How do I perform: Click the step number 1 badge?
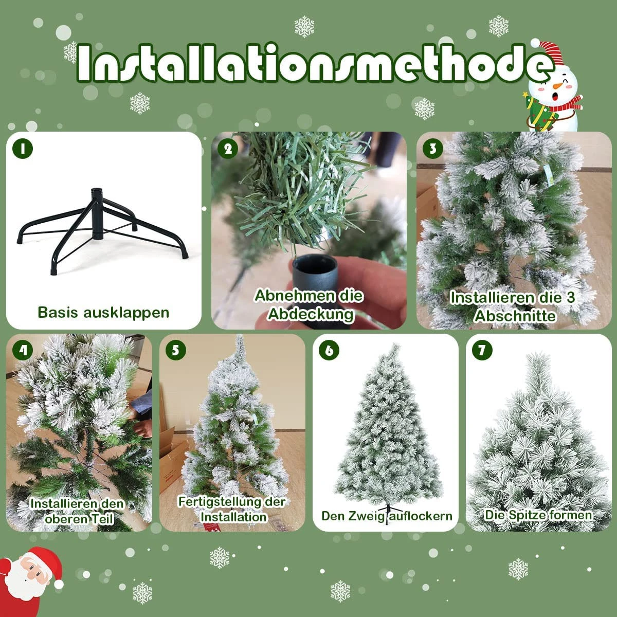click(x=23, y=149)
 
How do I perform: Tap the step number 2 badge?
click(x=228, y=149)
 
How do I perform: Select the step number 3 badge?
click(x=433, y=149)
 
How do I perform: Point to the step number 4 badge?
click(x=23, y=350)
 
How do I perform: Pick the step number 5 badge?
click(x=176, y=350)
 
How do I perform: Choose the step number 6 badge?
click(x=329, y=350)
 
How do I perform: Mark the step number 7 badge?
click(x=482, y=350)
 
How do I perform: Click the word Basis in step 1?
click(x=58, y=312)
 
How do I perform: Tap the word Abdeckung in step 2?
click(x=311, y=315)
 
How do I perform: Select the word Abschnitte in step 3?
click(x=515, y=316)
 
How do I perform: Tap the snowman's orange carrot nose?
click(x=558, y=86)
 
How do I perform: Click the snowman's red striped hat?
click(x=548, y=53)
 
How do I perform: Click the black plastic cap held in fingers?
click(x=315, y=276)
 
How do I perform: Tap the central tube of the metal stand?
click(x=98, y=213)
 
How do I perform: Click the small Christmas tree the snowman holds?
click(x=538, y=112)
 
